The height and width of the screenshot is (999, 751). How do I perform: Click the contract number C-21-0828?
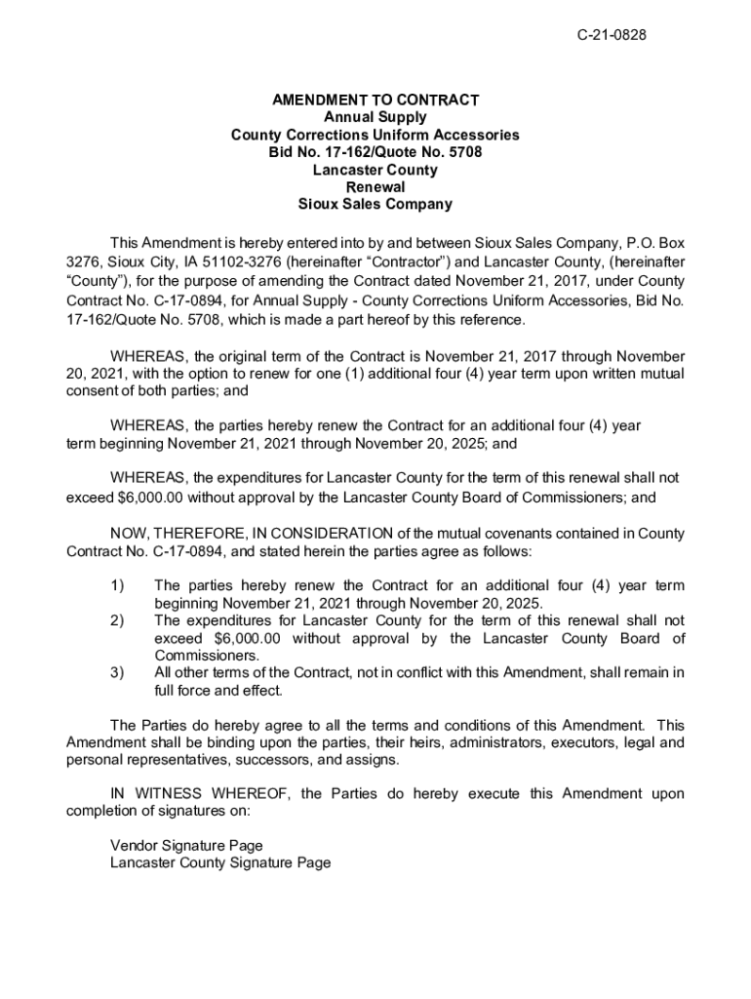(x=612, y=36)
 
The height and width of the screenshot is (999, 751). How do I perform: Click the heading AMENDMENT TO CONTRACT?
(x=375, y=100)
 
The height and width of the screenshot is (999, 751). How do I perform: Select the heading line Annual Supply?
(x=375, y=117)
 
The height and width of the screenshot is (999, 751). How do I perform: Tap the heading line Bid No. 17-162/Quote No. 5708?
(x=375, y=152)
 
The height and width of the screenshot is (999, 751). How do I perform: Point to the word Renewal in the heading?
(x=375, y=187)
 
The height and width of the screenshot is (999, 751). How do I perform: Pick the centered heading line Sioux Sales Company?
(x=375, y=205)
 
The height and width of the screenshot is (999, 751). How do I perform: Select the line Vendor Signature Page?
(x=186, y=845)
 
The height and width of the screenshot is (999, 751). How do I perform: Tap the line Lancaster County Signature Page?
(x=220, y=862)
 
